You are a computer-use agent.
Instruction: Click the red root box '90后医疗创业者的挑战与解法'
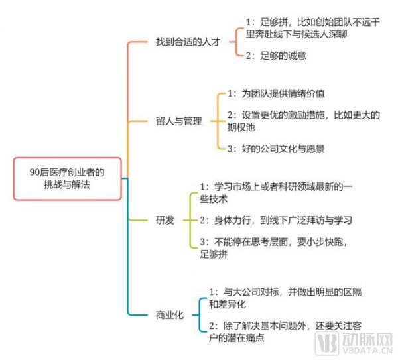(x=67, y=178)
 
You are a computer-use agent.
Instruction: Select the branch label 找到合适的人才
(x=188, y=42)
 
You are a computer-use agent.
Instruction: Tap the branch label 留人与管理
(x=178, y=121)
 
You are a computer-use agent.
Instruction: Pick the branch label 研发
(x=165, y=220)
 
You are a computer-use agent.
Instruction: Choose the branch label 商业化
(x=169, y=315)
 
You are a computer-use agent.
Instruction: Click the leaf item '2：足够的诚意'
(x=276, y=56)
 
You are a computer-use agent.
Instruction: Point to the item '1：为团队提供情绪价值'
(x=276, y=93)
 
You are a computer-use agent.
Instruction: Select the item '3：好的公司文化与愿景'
(x=276, y=149)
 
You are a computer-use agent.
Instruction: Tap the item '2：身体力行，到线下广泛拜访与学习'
(x=276, y=220)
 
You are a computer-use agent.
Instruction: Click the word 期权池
(x=241, y=127)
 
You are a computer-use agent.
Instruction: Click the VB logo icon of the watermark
(x=326, y=343)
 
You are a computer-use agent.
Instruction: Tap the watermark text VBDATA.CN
(x=367, y=351)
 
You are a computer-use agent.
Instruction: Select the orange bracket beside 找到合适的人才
(x=236, y=42)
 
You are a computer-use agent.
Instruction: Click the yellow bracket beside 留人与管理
(x=218, y=121)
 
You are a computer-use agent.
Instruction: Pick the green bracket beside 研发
(x=190, y=220)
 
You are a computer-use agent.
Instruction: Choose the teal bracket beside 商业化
(x=200, y=315)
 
